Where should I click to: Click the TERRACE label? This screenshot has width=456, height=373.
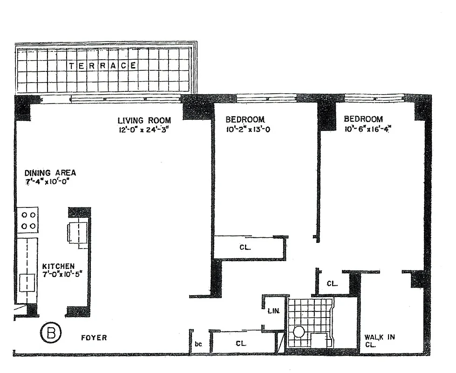click(103, 66)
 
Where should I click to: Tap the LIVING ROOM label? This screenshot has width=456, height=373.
click(144, 120)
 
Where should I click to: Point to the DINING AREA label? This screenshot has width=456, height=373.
click(50, 173)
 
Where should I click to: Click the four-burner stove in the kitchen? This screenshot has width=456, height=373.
click(28, 221)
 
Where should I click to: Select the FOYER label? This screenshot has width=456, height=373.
click(94, 338)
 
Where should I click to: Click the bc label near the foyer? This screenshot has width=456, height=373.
click(198, 344)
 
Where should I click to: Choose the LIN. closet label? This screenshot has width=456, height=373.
click(273, 311)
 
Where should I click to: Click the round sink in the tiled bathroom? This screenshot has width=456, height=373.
click(298, 332)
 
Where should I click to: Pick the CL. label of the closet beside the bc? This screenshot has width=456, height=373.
click(241, 344)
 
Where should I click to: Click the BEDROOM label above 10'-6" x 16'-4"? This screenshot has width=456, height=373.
click(363, 119)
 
